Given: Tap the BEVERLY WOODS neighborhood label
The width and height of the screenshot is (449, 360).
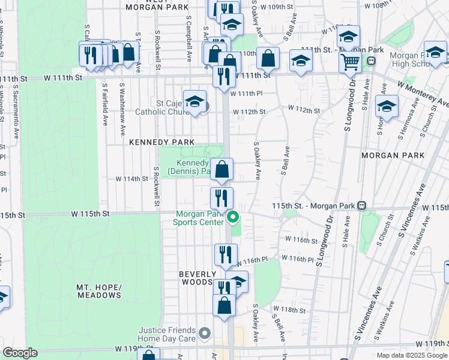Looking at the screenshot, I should (197, 278).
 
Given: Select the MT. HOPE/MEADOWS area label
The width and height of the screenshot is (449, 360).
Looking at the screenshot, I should (99, 291).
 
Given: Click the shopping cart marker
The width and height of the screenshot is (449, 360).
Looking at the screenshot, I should (350, 61).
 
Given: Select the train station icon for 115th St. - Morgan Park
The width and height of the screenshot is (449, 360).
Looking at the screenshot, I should (361, 205).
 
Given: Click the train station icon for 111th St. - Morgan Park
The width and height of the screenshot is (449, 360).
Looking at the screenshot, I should (371, 61).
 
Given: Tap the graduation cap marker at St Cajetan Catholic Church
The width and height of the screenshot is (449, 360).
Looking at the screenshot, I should (194, 102).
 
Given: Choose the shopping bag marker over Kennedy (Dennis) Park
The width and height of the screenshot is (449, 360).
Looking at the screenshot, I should (221, 170).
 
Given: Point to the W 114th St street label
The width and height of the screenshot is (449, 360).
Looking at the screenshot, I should (131, 179).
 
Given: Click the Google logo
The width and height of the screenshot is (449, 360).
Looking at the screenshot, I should (20, 353).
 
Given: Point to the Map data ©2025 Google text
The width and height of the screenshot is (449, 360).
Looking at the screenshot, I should (412, 355).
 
